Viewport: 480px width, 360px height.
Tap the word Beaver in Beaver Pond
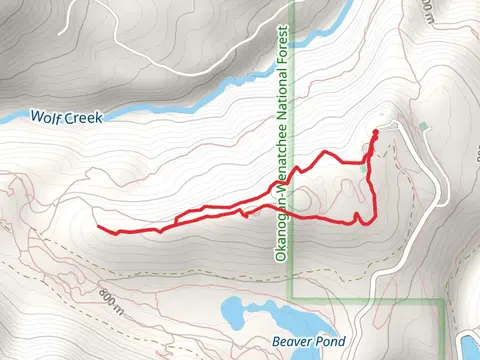coord(294,341)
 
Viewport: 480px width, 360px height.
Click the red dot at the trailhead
coord(375,132)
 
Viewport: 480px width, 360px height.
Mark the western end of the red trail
coord(99,228)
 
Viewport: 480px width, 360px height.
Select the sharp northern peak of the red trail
coord(326,152)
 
